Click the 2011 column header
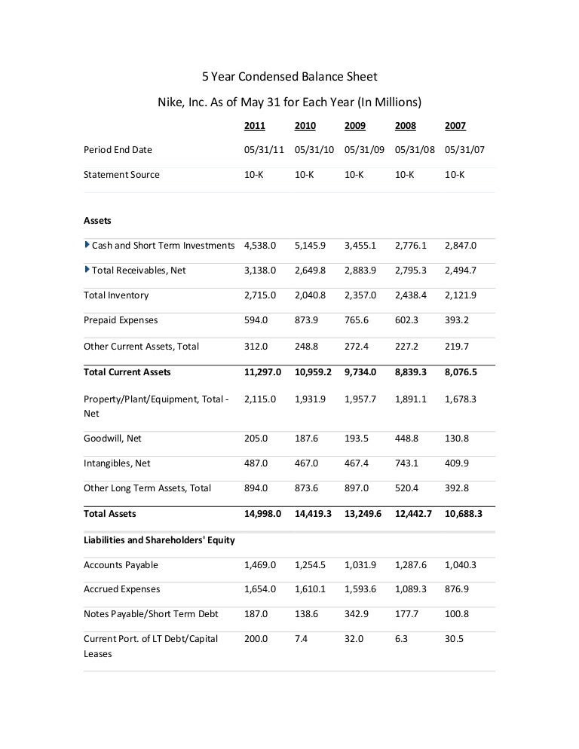click(x=255, y=125)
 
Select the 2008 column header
click(x=405, y=125)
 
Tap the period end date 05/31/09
click(x=364, y=150)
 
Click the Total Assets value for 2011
click(x=262, y=513)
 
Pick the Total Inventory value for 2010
click(x=311, y=295)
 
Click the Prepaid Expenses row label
click(x=121, y=320)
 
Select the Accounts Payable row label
click(x=121, y=565)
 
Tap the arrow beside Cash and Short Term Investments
click(x=87, y=245)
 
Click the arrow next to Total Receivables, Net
click(x=87, y=270)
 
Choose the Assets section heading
click(x=96, y=221)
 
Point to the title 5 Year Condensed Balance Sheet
click(x=289, y=77)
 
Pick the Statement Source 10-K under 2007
click(x=455, y=175)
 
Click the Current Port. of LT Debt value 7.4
click(x=301, y=639)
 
